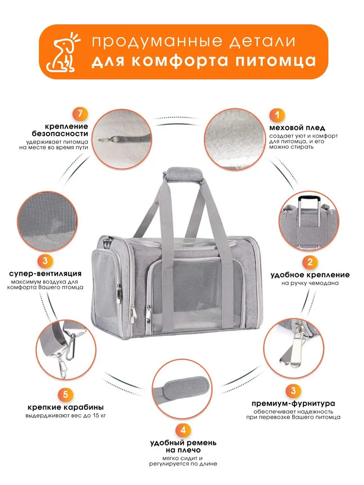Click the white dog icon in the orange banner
62,52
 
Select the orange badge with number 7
81,114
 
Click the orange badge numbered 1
277,115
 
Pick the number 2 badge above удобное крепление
310,262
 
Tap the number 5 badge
66,395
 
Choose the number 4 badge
183,430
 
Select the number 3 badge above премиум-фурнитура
293,390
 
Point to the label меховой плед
297,128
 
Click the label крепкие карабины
66,407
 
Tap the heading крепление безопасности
60,130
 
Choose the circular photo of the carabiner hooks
66,350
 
